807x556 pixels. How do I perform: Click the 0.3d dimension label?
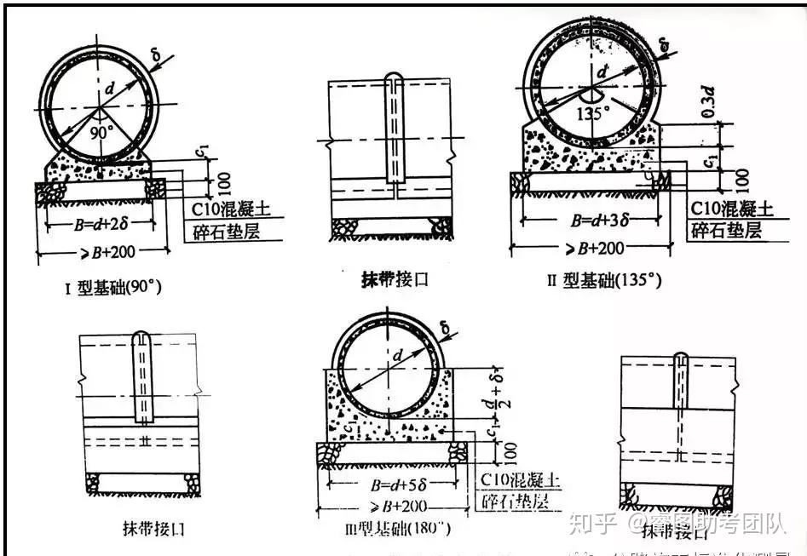706,100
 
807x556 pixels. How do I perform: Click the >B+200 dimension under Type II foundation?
591,248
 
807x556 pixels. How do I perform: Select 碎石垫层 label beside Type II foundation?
727,231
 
